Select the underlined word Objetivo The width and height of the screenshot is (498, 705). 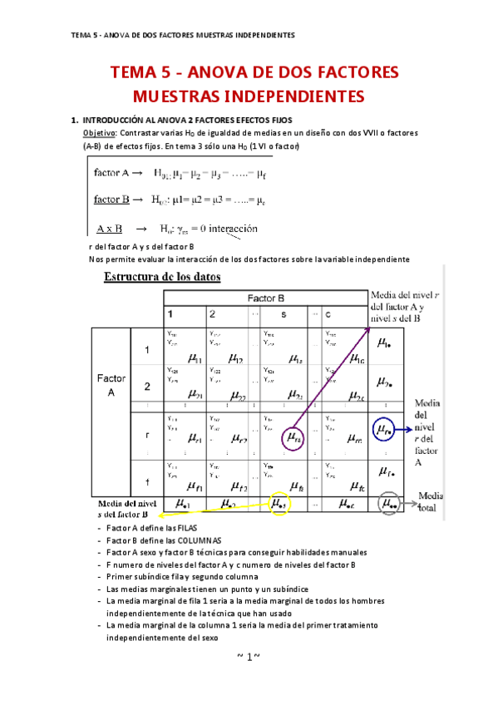101,133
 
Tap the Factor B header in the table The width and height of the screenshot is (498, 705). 266,298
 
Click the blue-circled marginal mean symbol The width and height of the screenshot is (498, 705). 383,430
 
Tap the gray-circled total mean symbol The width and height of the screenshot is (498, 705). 386,503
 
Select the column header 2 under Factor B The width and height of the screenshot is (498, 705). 213,315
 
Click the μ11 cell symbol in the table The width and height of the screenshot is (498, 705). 196,358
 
